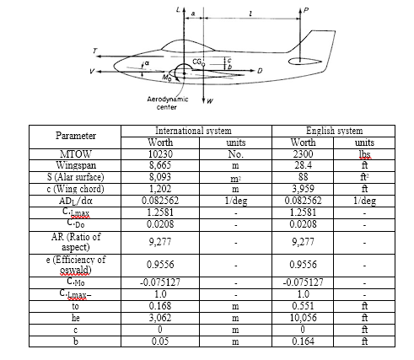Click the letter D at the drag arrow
[260, 70]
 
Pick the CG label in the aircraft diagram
[196, 62]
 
